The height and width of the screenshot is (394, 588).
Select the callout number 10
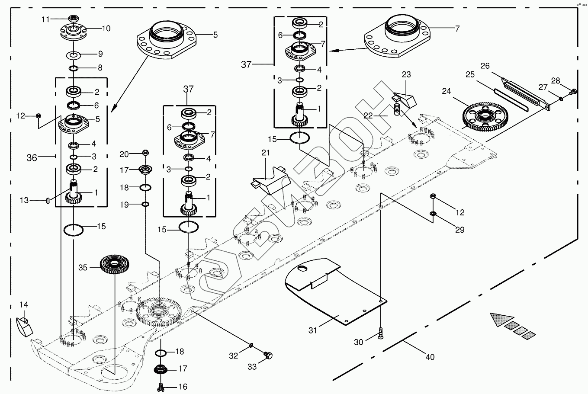(x=106, y=29)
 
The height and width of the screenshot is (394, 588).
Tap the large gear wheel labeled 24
(x=485, y=116)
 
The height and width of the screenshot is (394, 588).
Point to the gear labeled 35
(x=115, y=264)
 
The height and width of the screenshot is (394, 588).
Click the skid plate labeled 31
(x=334, y=291)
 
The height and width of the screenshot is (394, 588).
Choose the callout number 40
(x=430, y=357)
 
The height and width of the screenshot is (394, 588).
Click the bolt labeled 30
(x=380, y=333)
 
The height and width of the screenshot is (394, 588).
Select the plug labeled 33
(x=269, y=356)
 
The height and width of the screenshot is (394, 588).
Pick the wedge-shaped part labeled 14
(x=24, y=327)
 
